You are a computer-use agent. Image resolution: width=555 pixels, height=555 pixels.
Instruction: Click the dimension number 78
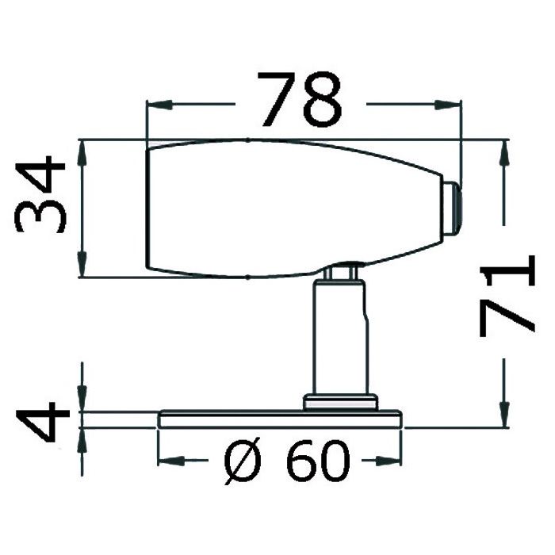[x=300, y=99]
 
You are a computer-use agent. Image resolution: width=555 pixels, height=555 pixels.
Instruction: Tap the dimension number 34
[x=40, y=194]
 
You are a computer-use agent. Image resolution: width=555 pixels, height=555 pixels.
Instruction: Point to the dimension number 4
[x=43, y=422]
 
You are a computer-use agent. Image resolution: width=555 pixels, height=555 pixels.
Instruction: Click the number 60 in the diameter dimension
[x=319, y=461]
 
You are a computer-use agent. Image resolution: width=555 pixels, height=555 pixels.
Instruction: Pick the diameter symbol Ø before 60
[x=243, y=461]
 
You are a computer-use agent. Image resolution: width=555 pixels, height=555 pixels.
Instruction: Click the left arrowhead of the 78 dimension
[x=159, y=105]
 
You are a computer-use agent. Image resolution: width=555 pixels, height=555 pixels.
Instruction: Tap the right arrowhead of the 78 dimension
[x=448, y=105]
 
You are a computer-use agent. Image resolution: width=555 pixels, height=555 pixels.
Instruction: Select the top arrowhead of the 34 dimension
[x=82, y=153]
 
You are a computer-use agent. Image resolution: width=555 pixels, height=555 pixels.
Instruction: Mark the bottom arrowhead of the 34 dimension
[x=82, y=264]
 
